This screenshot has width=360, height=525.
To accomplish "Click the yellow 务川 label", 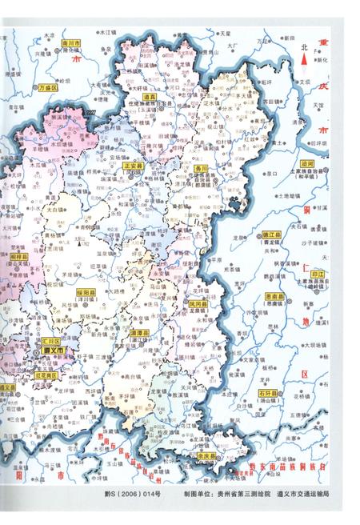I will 202,169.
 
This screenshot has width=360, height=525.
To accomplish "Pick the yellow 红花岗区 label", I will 46,375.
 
